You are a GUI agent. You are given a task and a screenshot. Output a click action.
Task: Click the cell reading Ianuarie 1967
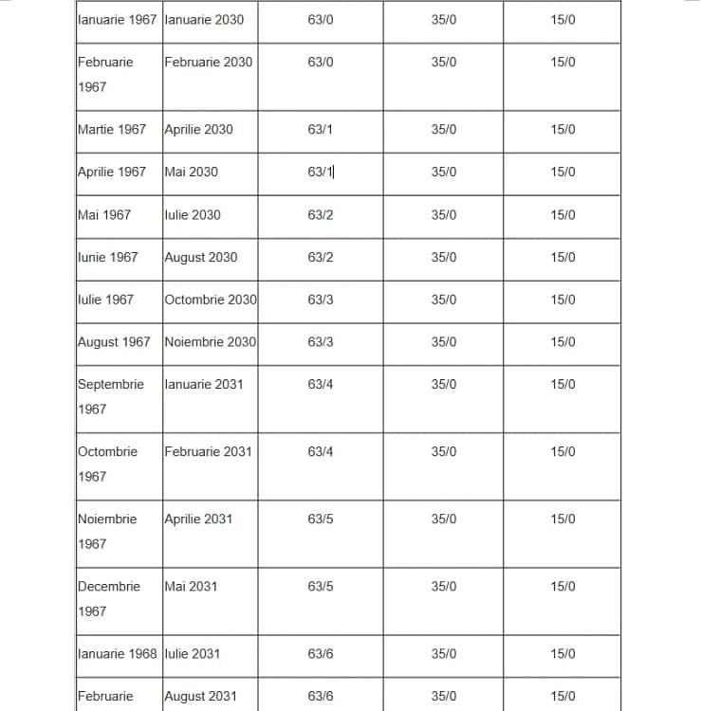(117, 19)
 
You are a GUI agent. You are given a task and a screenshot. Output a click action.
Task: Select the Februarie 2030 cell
(209, 62)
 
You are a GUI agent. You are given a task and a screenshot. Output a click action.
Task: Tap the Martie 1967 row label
(112, 129)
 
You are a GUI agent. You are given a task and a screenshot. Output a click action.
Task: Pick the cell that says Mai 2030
(191, 172)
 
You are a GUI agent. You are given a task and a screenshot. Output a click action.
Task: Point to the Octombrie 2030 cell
(210, 300)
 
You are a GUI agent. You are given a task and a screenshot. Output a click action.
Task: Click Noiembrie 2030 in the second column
(210, 341)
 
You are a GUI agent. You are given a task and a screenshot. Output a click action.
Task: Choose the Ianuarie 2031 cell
(203, 384)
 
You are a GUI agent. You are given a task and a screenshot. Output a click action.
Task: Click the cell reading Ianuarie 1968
(117, 653)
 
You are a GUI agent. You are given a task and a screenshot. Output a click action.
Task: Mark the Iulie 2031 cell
(192, 653)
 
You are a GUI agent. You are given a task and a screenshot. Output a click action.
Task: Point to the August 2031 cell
(200, 696)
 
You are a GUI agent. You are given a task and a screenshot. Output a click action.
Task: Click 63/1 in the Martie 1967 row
(321, 129)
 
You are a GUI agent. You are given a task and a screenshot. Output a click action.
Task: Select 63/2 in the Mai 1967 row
(321, 214)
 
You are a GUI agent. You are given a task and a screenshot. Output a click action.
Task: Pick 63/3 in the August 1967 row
(321, 341)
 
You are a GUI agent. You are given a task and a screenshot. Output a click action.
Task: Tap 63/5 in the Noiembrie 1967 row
(321, 519)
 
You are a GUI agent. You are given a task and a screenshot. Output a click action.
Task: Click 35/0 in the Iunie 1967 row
(443, 257)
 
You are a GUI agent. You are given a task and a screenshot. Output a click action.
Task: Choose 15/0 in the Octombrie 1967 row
(563, 451)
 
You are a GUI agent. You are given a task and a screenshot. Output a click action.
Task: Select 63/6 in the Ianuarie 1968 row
(321, 653)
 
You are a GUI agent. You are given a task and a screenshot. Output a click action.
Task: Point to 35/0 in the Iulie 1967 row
(443, 300)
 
